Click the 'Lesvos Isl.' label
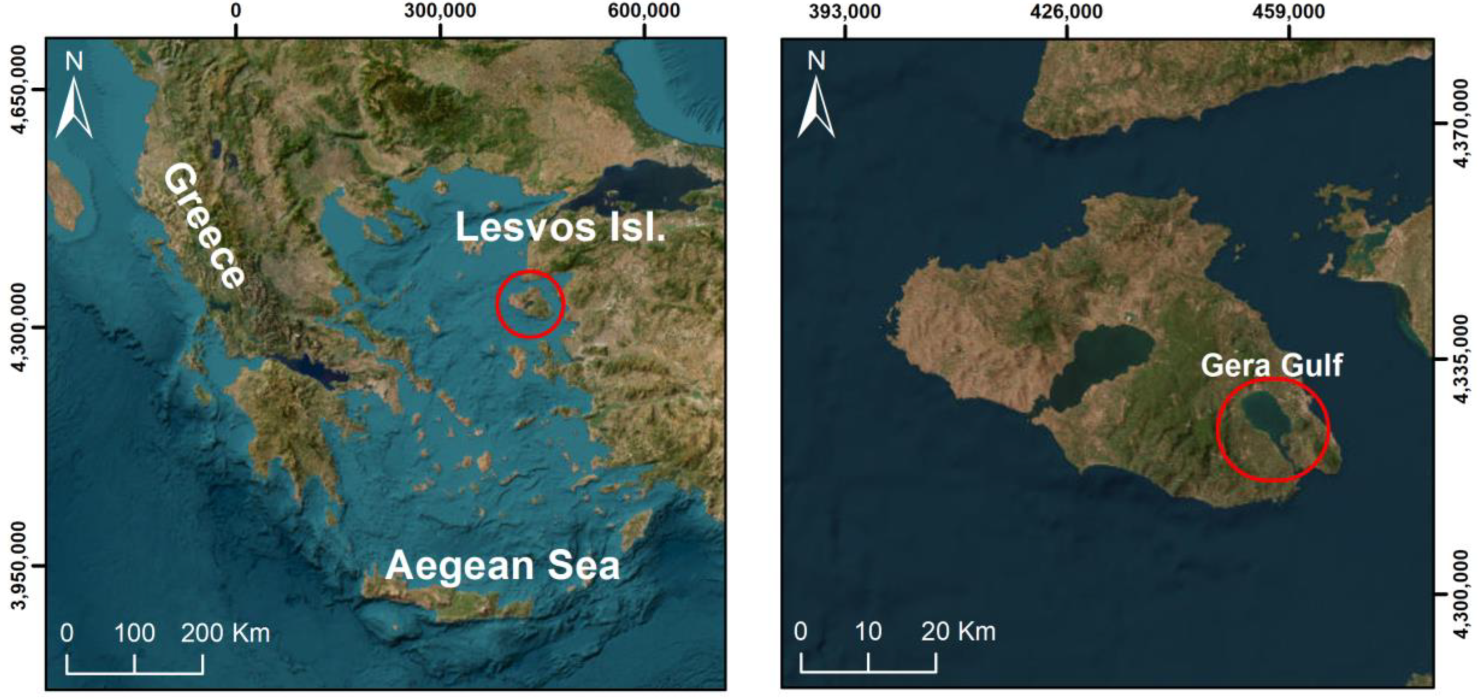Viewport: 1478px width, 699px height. click(x=560, y=228)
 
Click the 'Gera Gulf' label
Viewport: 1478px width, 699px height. click(x=1271, y=365)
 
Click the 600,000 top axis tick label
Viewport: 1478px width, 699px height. click(x=644, y=11)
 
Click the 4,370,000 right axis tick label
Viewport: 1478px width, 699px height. click(x=1462, y=123)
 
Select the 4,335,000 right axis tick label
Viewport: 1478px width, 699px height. click(x=1462, y=359)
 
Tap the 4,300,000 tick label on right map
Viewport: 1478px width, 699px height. click(x=1462, y=593)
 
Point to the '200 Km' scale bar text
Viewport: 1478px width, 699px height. click(x=225, y=633)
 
